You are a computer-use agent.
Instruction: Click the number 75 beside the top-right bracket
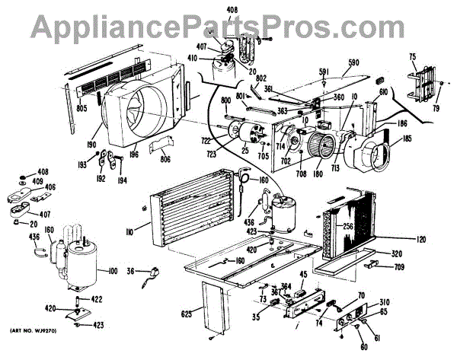pyautogui.click(x=412, y=57)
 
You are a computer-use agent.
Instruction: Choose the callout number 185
pyautogui.click(x=406, y=139)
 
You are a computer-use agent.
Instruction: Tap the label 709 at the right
pyautogui.click(x=398, y=267)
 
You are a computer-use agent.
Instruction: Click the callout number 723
pyautogui.click(x=210, y=155)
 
